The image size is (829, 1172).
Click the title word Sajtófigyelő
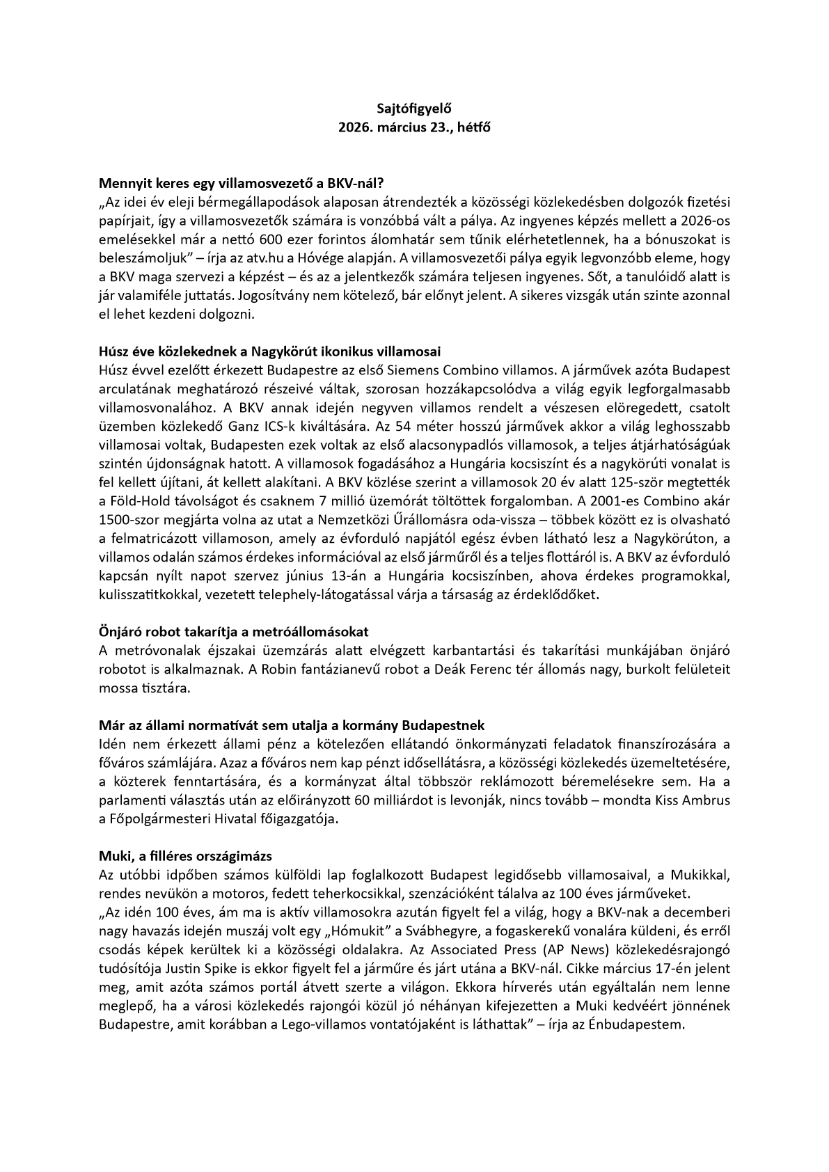point(414,109)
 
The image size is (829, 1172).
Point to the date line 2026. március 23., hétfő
point(414,128)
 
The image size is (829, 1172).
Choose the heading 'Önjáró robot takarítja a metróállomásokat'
point(233,632)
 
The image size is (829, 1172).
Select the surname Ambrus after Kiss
point(706,800)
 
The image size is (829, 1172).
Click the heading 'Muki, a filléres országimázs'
point(186,856)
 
